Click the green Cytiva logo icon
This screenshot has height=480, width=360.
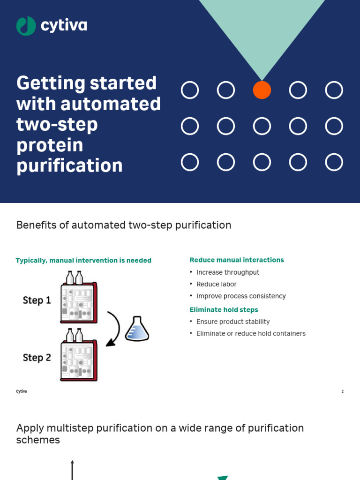point(26,26)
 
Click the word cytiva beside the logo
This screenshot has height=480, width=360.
point(64,26)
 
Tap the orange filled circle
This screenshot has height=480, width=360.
point(262,90)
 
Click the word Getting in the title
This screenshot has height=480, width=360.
point(49,83)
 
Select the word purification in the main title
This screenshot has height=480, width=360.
point(69,165)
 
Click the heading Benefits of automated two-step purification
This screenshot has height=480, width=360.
point(124,225)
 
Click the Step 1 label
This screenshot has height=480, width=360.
point(37,300)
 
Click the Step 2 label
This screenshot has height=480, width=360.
point(37,358)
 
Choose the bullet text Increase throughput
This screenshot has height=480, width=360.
point(228,272)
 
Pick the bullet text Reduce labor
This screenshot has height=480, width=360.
point(217,284)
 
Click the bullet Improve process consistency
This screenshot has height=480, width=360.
point(241,296)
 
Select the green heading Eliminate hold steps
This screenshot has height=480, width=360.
point(224,310)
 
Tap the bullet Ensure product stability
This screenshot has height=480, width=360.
point(233,322)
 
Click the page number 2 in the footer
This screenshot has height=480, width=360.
point(342,391)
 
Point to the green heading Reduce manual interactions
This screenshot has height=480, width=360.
point(237,260)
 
